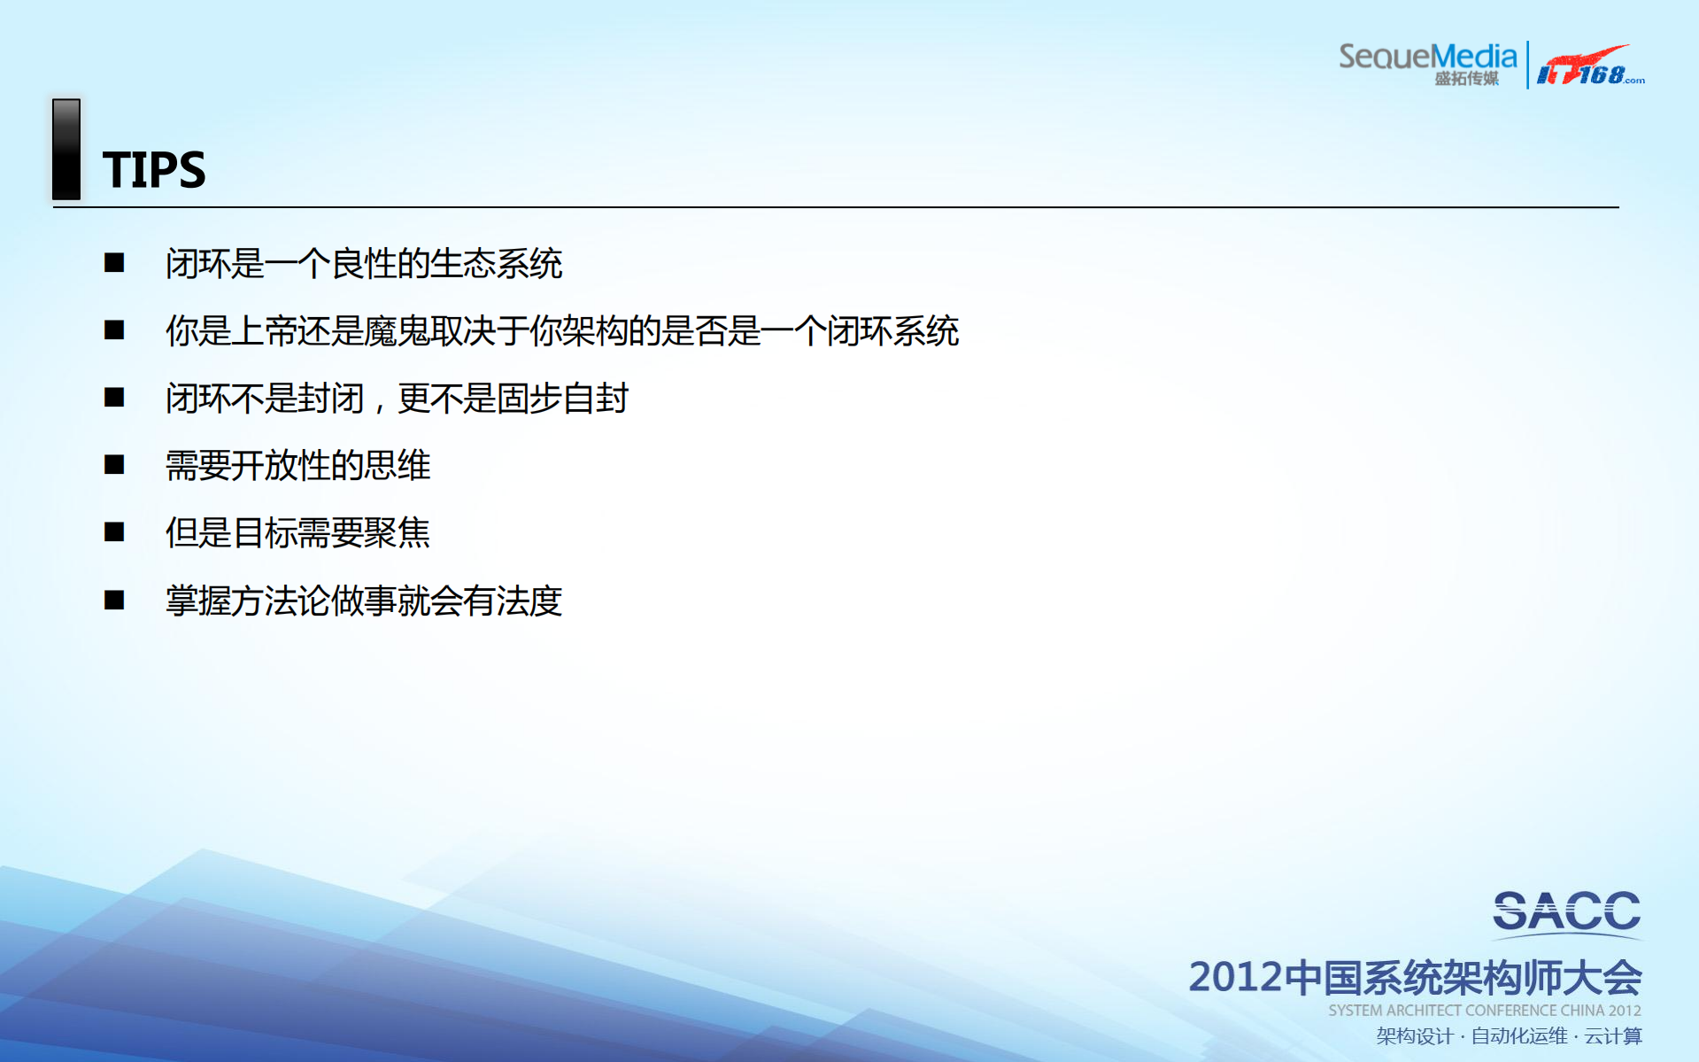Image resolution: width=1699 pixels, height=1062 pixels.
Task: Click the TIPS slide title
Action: pyautogui.click(x=154, y=170)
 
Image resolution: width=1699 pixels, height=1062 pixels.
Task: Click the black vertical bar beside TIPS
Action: pyautogui.click(x=66, y=149)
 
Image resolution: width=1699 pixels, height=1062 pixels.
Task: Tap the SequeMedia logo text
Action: pyautogui.click(x=1427, y=56)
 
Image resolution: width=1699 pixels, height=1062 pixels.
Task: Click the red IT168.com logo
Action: pyautogui.click(x=1589, y=66)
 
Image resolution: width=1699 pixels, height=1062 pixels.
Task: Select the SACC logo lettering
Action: pyautogui.click(x=1566, y=912)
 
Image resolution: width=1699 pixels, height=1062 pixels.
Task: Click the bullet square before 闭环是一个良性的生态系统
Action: pyautogui.click(x=114, y=262)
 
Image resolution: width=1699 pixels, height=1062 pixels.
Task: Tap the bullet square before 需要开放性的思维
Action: pyautogui.click(x=114, y=464)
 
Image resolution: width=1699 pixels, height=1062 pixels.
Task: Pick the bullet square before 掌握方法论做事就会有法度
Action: pyautogui.click(x=114, y=600)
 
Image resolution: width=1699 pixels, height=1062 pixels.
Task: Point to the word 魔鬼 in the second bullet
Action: pyautogui.click(x=397, y=331)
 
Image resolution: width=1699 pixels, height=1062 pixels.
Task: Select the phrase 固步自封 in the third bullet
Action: pyautogui.click(x=562, y=399)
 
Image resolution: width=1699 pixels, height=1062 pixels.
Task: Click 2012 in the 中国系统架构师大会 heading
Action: pyautogui.click(x=1234, y=978)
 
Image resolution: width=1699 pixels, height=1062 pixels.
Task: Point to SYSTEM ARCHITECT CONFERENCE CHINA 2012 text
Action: pyautogui.click(x=1484, y=1011)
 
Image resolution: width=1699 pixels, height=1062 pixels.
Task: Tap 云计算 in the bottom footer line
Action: pyautogui.click(x=1613, y=1036)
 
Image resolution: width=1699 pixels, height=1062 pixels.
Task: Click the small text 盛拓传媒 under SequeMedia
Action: pyautogui.click(x=1466, y=79)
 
